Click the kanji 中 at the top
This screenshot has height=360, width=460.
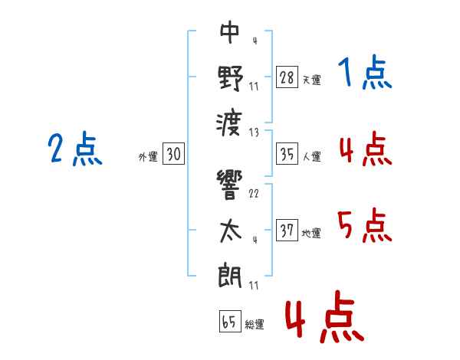pyautogui.click(x=231, y=32)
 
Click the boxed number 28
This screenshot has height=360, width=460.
pyautogui.click(x=287, y=77)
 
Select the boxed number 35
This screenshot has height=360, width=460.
pyautogui.click(x=287, y=155)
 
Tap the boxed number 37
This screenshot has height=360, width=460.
pyautogui.click(x=287, y=231)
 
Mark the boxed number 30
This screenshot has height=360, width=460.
pyautogui.click(x=173, y=155)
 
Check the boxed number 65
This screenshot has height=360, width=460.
pyautogui.click(x=229, y=322)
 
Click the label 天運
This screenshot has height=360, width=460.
pyautogui.click(x=311, y=80)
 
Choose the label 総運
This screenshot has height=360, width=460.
pyautogui.click(x=255, y=324)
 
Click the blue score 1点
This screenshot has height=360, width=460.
pyautogui.click(x=365, y=74)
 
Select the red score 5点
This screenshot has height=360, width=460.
pyautogui.click(x=365, y=226)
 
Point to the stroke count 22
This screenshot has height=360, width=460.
pyautogui.click(x=254, y=193)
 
